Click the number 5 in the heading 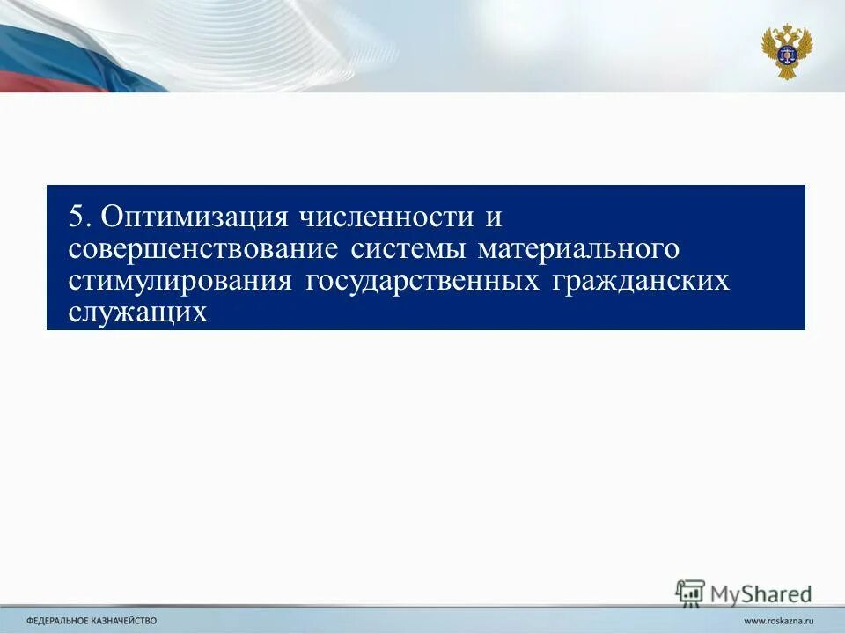tap(77, 217)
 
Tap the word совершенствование tap(203, 249)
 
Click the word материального tap(578, 249)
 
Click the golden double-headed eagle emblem tap(786, 51)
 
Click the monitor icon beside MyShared tap(690, 592)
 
